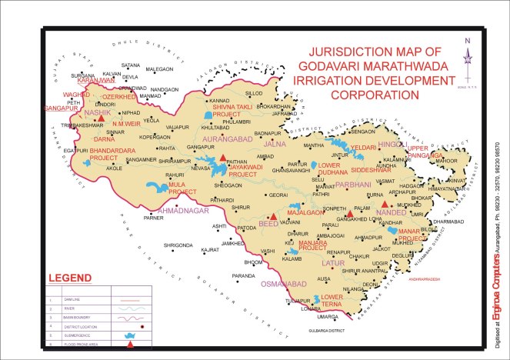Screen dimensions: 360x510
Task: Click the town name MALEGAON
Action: pyautogui.click(x=159, y=68)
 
